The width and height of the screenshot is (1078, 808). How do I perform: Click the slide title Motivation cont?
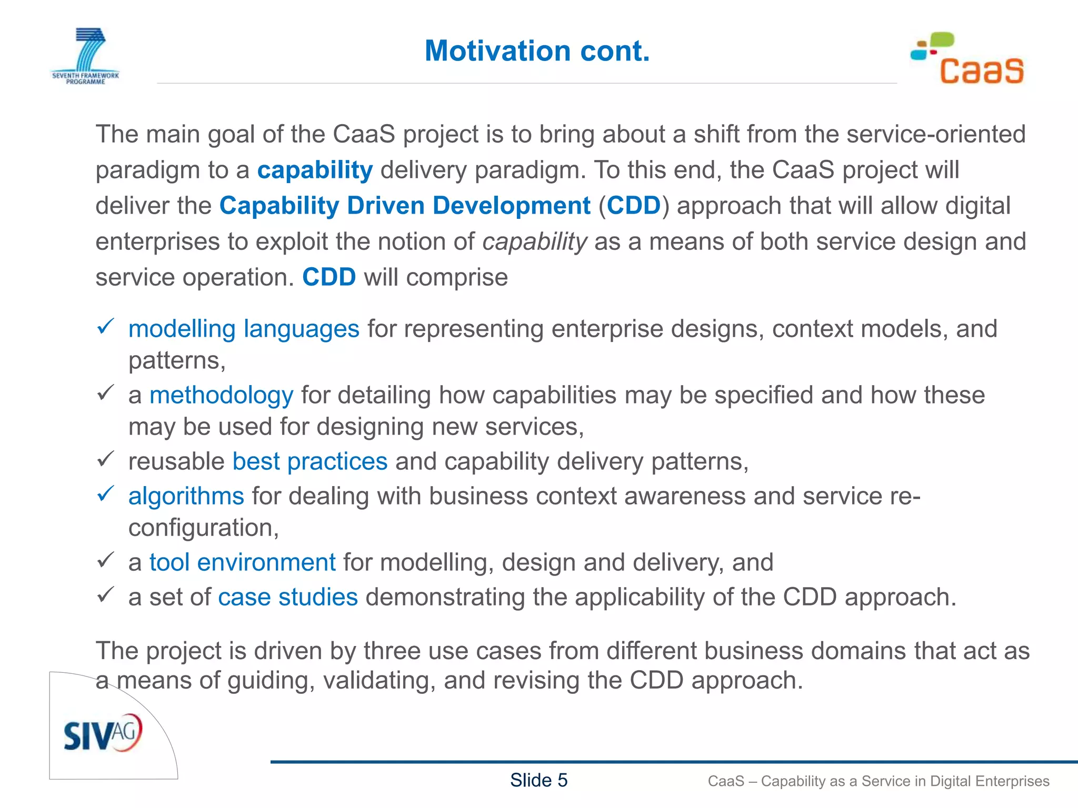pyautogui.click(x=537, y=51)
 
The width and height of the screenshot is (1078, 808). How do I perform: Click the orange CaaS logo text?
pyautogui.click(x=981, y=72)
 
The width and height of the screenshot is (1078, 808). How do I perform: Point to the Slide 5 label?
pyautogui.click(x=538, y=780)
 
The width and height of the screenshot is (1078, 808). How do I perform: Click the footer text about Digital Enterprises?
pyautogui.click(x=878, y=781)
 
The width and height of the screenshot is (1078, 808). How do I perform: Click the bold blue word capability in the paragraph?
pyautogui.click(x=315, y=170)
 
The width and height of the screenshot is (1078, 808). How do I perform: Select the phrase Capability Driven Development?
pyautogui.click(x=405, y=206)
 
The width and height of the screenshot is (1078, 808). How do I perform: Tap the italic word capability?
pyautogui.click(x=534, y=242)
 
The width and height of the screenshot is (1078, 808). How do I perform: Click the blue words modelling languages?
pyautogui.click(x=244, y=329)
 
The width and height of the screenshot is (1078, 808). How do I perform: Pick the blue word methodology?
pyautogui.click(x=221, y=395)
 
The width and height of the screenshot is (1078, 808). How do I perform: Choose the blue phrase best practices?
pyautogui.click(x=310, y=461)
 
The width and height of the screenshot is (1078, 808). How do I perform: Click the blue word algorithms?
pyautogui.click(x=186, y=496)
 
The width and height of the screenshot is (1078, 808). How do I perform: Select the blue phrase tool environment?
pyautogui.click(x=242, y=562)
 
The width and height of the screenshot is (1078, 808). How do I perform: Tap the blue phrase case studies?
pyautogui.click(x=288, y=597)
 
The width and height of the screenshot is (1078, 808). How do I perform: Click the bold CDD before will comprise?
pyautogui.click(x=329, y=277)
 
